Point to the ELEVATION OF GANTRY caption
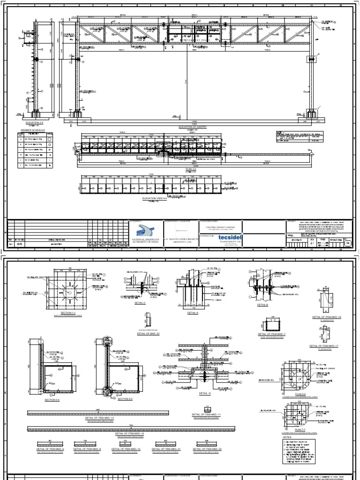pyautogui.click(x=193, y=127)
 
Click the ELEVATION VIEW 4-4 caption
pyautogui.click(x=155, y=198)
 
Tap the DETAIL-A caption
pyautogui.click(x=193, y=313)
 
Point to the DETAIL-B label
pyautogui.click(x=263, y=304)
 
